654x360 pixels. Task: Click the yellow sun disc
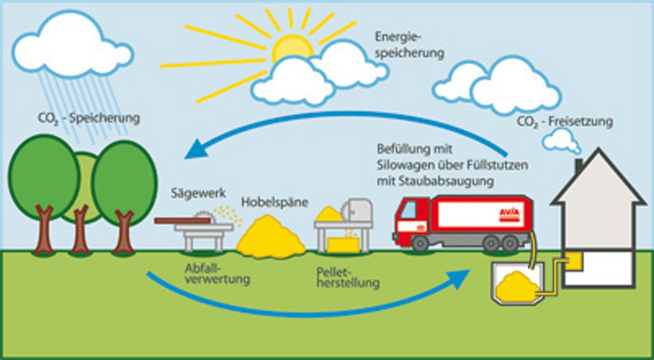291,49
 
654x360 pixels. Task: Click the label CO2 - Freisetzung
565,122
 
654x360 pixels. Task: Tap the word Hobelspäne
275,202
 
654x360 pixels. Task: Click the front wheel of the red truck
420,243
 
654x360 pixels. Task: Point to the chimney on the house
578,166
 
